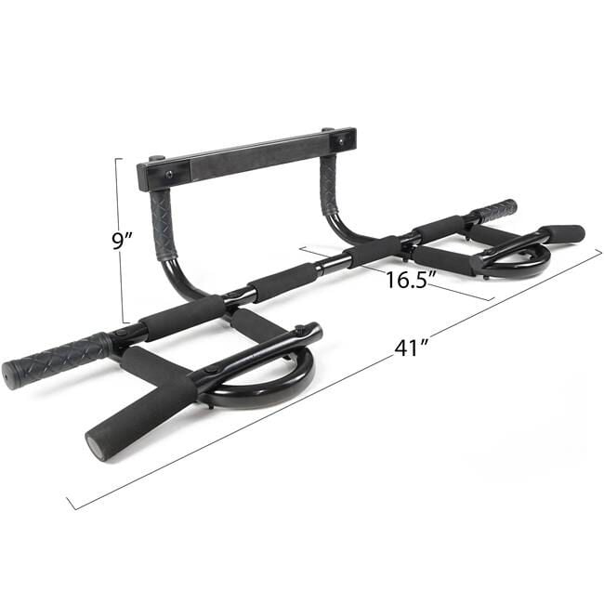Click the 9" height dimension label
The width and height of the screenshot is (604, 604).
(x=122, y=241)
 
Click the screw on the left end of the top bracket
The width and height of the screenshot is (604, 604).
(x=169, y=176)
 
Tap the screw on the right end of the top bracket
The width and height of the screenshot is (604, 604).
(x=340, y=142)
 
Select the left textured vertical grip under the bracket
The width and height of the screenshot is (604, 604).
(x=164, y=226)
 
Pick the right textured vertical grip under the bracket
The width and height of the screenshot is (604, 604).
(x=330, y=185)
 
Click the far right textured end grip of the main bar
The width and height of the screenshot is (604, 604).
(x=495, y=210)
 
